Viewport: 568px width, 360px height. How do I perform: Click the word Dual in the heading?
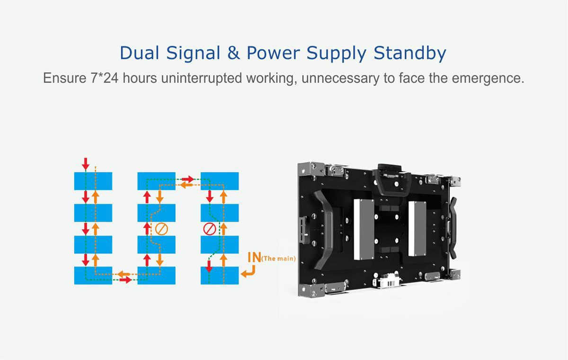138,53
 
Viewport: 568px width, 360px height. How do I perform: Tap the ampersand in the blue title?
233,53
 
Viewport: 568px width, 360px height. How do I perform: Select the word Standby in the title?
410,53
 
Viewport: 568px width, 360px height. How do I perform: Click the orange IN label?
255,258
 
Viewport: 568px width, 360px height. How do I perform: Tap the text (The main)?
279,259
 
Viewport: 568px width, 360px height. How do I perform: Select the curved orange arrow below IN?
248,271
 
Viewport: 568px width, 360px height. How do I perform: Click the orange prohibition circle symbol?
161,229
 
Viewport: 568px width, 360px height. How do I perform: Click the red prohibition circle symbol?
209,229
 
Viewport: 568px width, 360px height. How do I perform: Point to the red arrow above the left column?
85,164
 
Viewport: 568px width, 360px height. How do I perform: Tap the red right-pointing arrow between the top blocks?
188,179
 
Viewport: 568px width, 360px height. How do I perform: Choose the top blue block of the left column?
93,181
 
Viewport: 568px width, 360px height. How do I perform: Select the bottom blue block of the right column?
220,275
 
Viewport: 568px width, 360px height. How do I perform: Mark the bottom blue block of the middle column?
156,275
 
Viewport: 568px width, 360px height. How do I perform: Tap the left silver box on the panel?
364,229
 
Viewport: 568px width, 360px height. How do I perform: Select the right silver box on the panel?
417,226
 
